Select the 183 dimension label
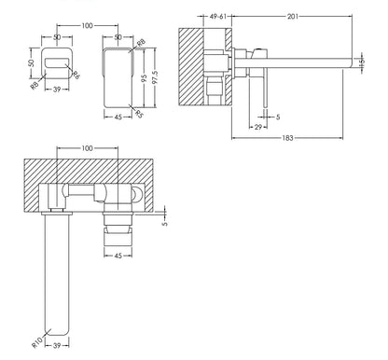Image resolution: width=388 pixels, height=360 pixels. [294, 140]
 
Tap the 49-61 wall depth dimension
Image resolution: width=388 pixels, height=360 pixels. [220, 16]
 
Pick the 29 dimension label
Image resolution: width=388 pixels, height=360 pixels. [257, 125]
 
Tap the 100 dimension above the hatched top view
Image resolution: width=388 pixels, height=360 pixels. [88, 149]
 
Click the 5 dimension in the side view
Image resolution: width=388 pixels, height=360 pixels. [279, 116]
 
